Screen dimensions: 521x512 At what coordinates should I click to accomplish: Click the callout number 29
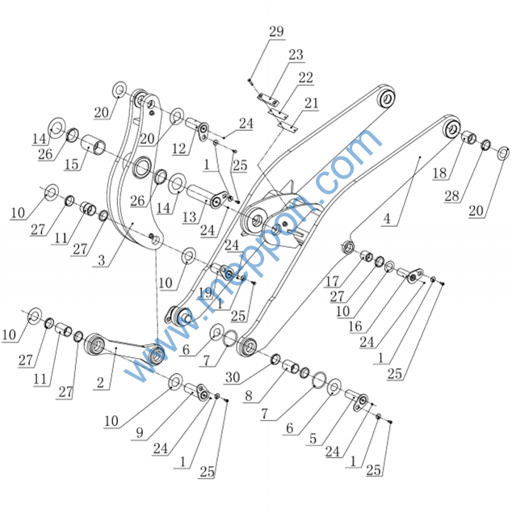pos(276,32)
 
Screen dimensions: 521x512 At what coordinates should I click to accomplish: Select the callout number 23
pos(296,55)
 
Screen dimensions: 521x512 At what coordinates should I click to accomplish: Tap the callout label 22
pos(305,78)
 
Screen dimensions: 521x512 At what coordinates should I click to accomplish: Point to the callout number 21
pos(312,103)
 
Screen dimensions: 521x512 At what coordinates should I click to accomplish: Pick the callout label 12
pos(179,149)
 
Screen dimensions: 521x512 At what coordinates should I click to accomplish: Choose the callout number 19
pos(208,293)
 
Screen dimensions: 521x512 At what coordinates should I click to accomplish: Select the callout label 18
pos(439,173)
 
